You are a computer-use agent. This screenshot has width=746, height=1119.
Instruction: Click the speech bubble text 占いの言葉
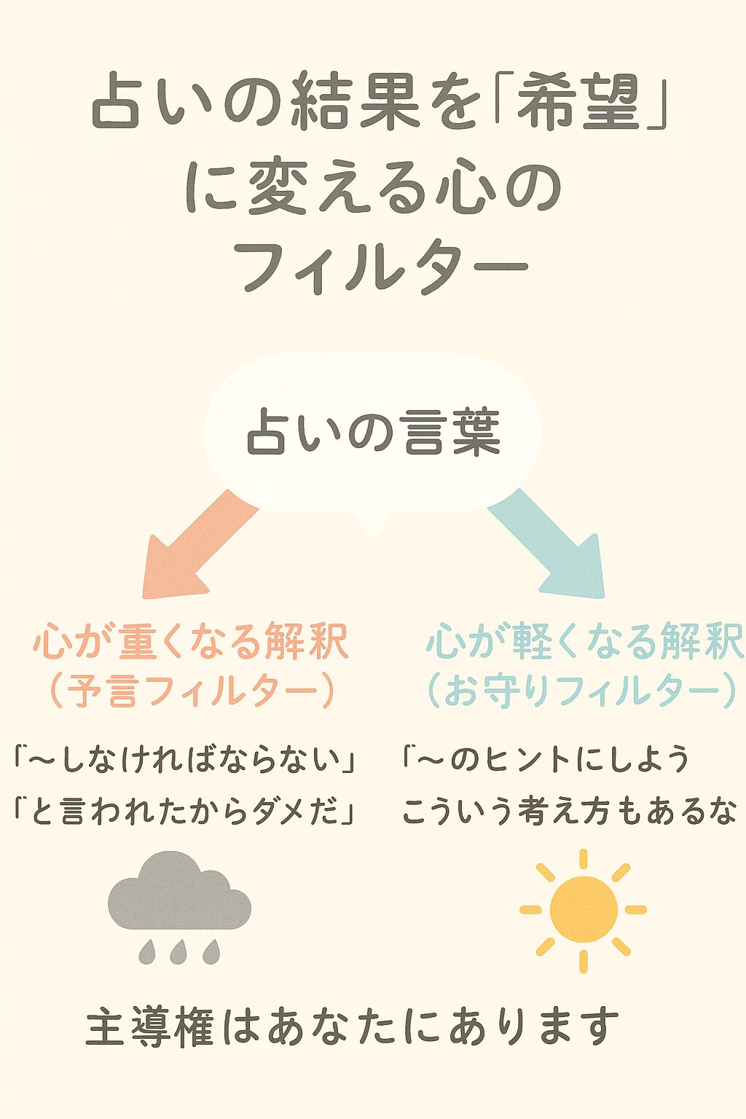[373, 433]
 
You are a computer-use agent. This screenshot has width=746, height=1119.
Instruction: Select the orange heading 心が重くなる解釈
[191, 643]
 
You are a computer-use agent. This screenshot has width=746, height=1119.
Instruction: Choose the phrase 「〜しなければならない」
[186, 760]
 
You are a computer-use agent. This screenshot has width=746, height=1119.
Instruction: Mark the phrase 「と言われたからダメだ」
[186, 811]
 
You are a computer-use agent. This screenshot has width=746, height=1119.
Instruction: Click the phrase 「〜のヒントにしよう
[545, 760]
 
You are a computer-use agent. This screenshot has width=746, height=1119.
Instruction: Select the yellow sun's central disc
[583, 909]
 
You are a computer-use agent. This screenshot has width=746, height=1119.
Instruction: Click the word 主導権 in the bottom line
[149, 1027]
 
